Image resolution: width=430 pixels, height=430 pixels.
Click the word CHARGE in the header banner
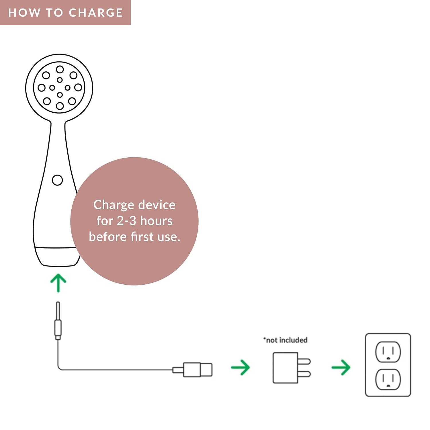96,13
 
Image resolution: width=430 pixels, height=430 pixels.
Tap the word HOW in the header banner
24,13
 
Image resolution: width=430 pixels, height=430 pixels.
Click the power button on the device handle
57,180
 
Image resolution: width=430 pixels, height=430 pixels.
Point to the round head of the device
59,87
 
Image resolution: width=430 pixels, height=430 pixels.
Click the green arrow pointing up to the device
58,283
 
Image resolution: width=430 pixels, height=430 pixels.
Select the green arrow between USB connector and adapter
241,367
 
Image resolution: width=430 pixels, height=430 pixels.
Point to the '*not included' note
286,340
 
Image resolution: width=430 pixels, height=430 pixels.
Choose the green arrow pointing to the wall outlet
341,367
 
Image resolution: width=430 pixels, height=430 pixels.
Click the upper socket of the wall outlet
388,352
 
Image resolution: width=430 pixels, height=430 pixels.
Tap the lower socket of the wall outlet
388,379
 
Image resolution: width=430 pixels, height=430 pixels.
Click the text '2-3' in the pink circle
126,221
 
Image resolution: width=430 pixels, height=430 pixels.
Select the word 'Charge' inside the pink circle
114,205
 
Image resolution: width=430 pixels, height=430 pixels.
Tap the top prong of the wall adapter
304,361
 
